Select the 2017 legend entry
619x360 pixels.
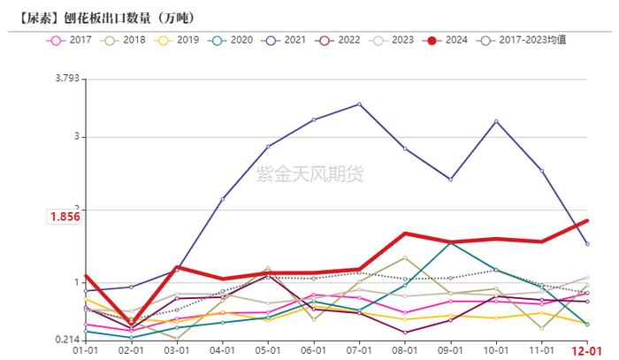[x=72, y=41]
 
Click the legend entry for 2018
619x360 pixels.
[x=125, y=41]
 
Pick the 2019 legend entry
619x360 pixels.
[x=178, y=41]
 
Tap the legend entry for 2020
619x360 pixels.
[x=231, y=41]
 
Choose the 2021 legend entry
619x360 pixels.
[x=285, y=41]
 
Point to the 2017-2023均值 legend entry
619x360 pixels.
[x=522, y=41]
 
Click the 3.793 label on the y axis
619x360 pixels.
[x=66, y=79]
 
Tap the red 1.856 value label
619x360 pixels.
[x=65, y=216]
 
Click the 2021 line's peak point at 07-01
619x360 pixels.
[x=359, y=104]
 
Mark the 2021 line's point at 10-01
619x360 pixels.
[x=496, y=121]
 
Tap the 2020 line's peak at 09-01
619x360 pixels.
[x=450, y=241]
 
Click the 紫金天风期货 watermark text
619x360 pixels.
[x=309, y=174]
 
